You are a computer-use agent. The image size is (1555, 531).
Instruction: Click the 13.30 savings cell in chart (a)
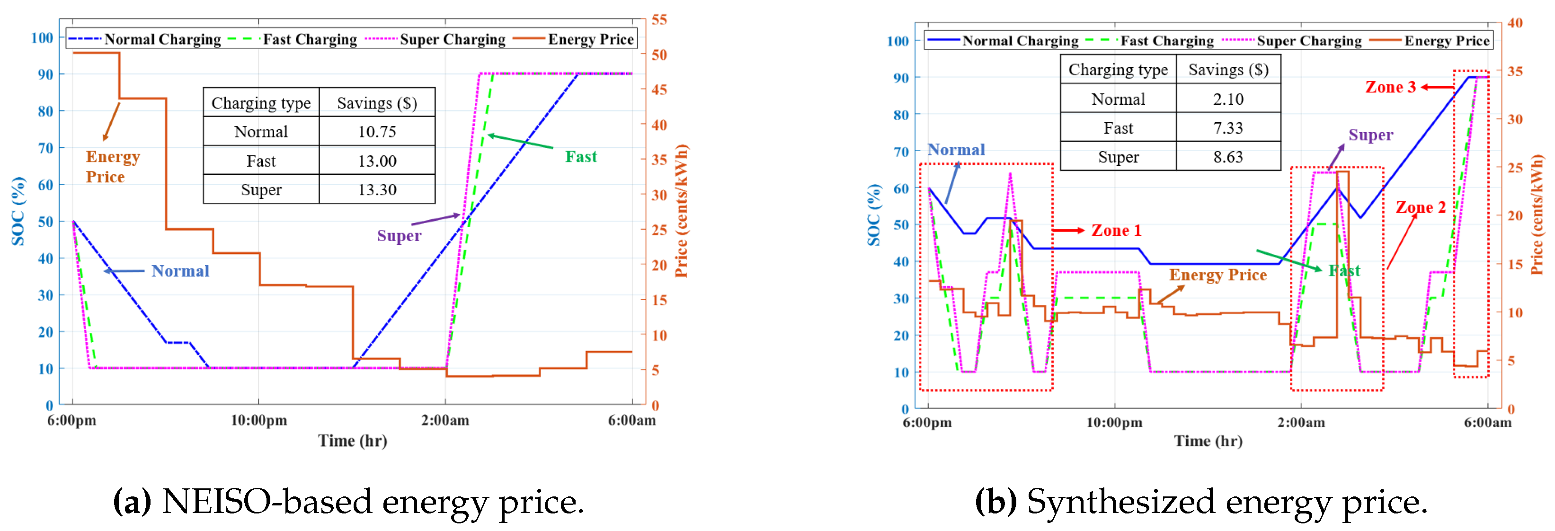[377, 189]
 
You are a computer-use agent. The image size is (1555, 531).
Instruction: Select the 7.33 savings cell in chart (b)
[1228, 128]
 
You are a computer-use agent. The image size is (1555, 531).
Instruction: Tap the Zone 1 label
[1116, 230]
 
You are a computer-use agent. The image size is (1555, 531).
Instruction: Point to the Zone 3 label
[1390, 87]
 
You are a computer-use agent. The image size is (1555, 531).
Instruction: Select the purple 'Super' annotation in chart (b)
[1370, 135]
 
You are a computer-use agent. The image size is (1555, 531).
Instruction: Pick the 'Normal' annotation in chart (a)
[180, 270]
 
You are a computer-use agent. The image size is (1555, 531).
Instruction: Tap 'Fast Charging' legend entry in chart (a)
[310, 39]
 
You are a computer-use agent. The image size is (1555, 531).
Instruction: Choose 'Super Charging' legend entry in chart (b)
[1309, 41]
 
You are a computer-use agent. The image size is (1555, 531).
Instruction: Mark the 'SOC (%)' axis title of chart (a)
[18, 211]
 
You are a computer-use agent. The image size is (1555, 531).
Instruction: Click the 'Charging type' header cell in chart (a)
[261, 103]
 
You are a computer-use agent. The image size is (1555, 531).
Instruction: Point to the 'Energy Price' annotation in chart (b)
[1217, 275]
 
